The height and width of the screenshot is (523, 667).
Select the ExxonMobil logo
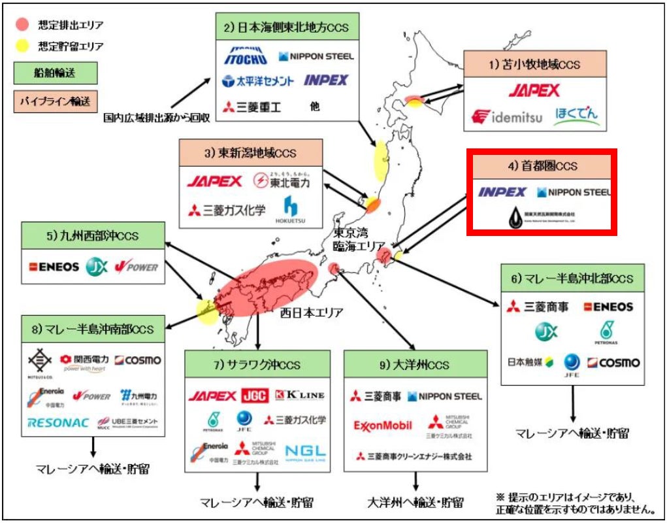coord(383,426)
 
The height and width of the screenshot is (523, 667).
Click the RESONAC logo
coord(58,422)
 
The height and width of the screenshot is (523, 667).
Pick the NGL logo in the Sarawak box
coord(305,451)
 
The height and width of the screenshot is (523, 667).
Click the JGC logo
coord(255,395)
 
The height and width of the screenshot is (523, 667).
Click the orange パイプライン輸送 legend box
coord(54,101)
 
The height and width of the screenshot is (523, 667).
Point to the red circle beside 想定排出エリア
coord(23,25)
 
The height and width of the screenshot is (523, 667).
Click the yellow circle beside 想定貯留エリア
coord(23,46)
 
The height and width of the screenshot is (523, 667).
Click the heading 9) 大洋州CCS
coord(415,363)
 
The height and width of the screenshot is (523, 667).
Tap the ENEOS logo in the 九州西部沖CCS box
coord(54,266)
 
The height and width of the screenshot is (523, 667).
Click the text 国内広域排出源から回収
coord(156,118)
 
